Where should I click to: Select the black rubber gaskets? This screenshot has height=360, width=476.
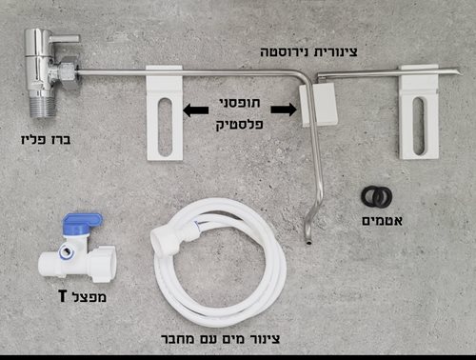(x=377, y=197)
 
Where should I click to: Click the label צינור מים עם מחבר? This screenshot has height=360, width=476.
(x=224, y=338)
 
